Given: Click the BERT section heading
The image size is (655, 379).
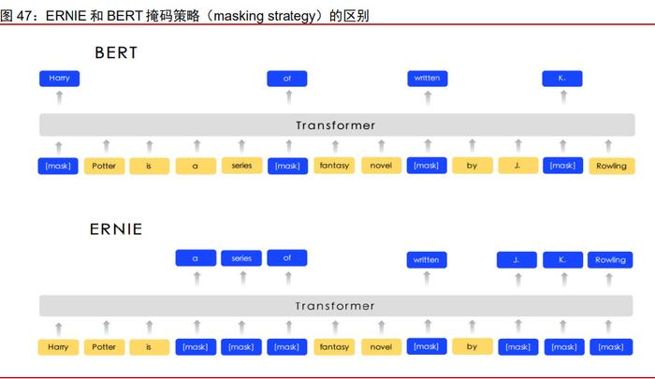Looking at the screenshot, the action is pyautogui.click(x=116, y=52).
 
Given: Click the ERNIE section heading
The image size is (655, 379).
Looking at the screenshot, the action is pyautogui.click(x=116, y=229).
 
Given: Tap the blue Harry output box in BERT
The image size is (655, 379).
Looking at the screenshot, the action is pyautogui.click(x=59, y=79).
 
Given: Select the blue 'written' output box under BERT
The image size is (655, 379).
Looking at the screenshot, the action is pyautogui.click(x=428, y=79).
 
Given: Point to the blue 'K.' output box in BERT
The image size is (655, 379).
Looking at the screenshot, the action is pyautogui.click(x=562, y=79).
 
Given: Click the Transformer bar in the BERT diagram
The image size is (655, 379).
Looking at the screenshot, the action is pyautogui.click(x=337, y=125).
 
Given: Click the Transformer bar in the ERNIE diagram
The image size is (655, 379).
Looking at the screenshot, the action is pyautogui.click(x=336, y=306).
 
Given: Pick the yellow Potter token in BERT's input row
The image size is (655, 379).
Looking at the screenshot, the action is pyautogui.click(x=104, y=166).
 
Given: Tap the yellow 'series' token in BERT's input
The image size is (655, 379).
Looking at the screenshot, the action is pyautogui.click(x=241, y=166).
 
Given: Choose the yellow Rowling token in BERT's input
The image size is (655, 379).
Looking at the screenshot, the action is pyautogui.click(x=612, y=166).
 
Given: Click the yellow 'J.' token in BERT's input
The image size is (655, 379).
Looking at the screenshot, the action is pyautogui.click(x=518, y=166).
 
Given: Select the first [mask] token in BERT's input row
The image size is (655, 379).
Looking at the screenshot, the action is pyautogui.click(x=58, y=166).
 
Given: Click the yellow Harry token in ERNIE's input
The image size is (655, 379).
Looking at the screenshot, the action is pyautogui.click(x=58, y=347).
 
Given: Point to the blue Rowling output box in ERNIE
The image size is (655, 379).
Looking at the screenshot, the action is pyautogui.click(x=610, y=259).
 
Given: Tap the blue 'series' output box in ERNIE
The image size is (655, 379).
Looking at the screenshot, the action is pyautogui.click(x=241, y=258).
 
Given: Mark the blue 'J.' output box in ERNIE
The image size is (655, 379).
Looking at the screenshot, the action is pyautogui.click(x=517, y=259).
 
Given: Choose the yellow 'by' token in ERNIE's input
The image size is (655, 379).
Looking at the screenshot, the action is pyautogui.click(x=472, y=346).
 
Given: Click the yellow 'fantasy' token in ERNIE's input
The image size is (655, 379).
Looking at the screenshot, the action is pyautogui.click(x=334, y=347).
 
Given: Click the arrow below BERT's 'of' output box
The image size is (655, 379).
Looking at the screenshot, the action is pyautogui.click(x=288, y=97).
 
